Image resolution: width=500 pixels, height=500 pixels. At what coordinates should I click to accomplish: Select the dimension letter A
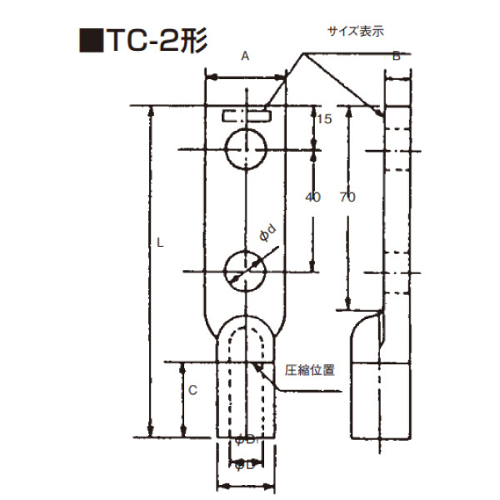tap(245, 56)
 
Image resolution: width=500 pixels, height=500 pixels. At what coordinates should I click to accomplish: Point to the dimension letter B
tap(397, 56)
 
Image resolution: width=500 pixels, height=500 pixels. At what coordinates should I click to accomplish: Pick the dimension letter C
tap(193, 389)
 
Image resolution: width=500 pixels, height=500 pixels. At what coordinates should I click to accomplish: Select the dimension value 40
tap(313, 197)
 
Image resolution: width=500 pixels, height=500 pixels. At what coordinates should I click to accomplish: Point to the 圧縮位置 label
tap(310, 370)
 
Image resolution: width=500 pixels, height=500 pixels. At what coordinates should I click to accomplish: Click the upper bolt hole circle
tap(246, 150)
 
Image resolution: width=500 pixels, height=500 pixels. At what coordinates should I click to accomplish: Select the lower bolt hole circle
tap(246, 270)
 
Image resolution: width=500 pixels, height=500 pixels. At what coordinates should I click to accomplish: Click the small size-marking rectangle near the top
tap(246, 115)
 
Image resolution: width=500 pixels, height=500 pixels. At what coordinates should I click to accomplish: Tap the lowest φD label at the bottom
tap(245, 465)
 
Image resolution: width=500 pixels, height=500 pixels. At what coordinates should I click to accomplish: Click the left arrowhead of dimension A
tap(209, 77)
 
